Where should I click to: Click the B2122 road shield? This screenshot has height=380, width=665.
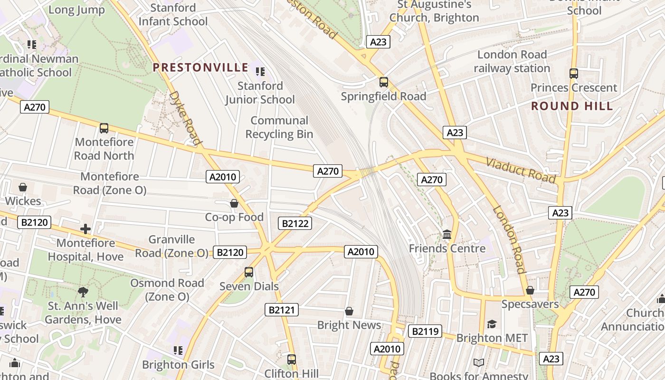tap(295, 223)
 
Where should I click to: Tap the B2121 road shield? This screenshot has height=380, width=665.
tap(282, 310)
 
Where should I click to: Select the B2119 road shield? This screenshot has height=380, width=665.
tap(425, 331)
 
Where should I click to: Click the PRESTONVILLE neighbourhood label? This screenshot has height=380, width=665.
tap(200, 67)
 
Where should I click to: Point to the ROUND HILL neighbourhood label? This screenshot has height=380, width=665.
tap(572, 106)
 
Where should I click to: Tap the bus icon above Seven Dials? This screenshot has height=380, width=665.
tap(248, 272)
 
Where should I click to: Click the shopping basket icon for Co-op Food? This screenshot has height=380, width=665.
tap(234, 204)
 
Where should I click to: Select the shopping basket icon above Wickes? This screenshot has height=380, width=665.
tap(23, 188)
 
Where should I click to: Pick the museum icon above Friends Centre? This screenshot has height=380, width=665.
tap(447, 234)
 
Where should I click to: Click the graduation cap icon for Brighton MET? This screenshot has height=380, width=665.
tap(492, 324)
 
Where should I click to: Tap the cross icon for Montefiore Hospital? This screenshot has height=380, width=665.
tap(85, 229)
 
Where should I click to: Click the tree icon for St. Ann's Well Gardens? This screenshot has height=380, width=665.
tap(83, 292)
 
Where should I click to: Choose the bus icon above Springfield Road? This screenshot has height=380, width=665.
tap(383, 82)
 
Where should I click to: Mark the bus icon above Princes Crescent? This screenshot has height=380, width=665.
tap(573, 74)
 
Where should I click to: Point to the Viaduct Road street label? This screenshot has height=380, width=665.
tap(521, 170)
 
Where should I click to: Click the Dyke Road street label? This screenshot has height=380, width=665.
tap(185, 118)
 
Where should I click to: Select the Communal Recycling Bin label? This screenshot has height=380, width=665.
tap(279, 127)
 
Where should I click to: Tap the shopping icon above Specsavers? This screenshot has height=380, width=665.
tap(530, 290)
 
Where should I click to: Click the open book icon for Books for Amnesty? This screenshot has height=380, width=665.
tap(478, 363)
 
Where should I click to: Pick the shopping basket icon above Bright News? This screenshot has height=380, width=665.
tap(349, 311)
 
